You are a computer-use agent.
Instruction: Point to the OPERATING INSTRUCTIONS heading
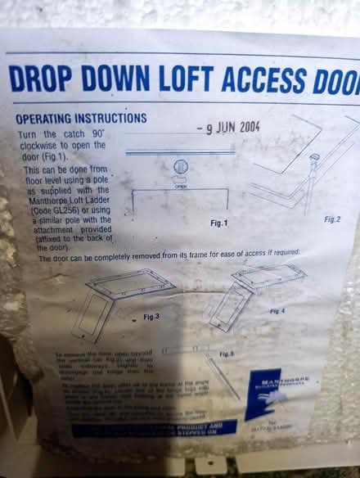(x=81, y=118)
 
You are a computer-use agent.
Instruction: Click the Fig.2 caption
(x=332, y=219)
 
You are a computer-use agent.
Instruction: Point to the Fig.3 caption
(x=151, y=315)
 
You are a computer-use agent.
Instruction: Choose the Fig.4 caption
(x=277, y=311)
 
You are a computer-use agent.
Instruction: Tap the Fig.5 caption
(x=227, y=354)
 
